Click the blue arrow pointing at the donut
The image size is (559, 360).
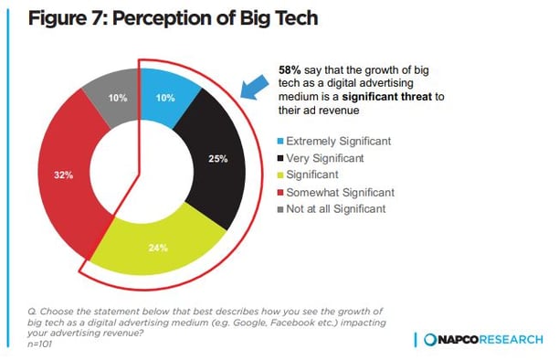point(254,85)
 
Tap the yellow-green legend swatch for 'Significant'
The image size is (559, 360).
point(280,176)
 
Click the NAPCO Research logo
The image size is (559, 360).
point(484,339)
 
